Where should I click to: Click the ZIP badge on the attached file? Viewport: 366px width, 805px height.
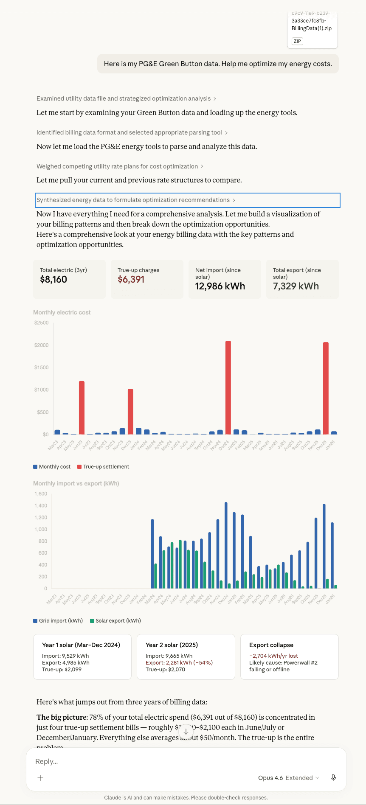pyautogui.click(x=297, y=41)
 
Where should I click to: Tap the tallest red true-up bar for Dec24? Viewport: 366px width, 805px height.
pyautogui.click(x=228, y=387)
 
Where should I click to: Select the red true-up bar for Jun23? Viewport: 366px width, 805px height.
pyautogui.click(x=82, y=407)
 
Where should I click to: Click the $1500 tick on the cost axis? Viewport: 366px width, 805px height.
pyautogui.click(x=42, y=367)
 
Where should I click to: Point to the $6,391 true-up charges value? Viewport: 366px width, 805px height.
pyautogui.click(x=131, y=279)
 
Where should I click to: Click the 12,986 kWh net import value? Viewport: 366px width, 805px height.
pyautogui.click(x=220, y=286)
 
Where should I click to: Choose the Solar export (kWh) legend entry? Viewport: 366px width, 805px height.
pyautogui.click(x=115, y=621)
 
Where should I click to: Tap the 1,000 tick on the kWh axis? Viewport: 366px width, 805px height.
pyautogui.click(x=41, y=530)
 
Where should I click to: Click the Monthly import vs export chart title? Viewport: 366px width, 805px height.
pyautogui.click(x=76, y=483)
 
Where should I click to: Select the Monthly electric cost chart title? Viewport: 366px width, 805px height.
pyautogui.click(x=62, y=312)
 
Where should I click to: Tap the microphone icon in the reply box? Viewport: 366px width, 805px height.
pyautogui.click(x=333, y=778)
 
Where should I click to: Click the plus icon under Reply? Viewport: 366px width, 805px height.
pyautogui.click(x=40, y=778)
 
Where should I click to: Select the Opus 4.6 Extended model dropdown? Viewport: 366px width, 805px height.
pyautogui.click(x=288, y=778)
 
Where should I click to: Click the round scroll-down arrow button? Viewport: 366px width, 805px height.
pyautogui.click(x=186, y=732)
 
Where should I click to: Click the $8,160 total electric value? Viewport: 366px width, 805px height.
pyautogui.click(x=53, y=279)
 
